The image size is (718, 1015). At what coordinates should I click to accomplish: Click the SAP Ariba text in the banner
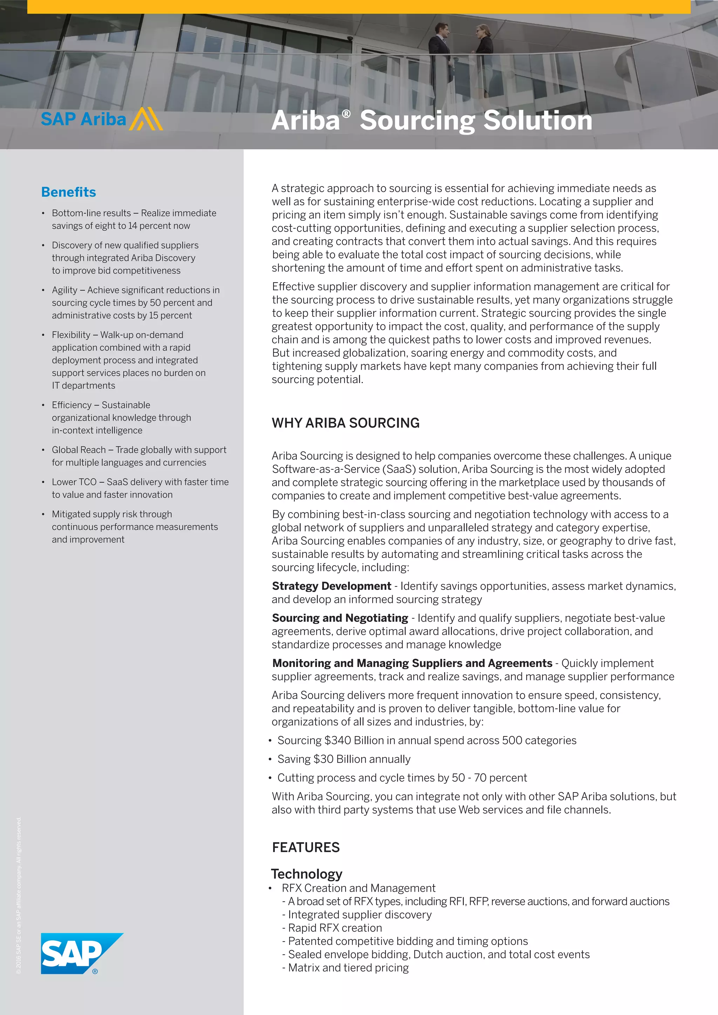(x=83, y=120)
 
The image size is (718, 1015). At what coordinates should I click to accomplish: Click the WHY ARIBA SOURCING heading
(x=345, y=423)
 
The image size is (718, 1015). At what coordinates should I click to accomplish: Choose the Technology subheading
(x=306, y=874)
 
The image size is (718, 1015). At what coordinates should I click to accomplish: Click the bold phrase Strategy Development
(x=332, y=586)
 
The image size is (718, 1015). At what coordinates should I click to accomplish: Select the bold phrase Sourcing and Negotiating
(x=340, y=618)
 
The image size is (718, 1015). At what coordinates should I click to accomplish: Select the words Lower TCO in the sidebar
(x=74, y=482)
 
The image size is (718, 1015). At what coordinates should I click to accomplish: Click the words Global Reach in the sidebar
(x=79, y=450)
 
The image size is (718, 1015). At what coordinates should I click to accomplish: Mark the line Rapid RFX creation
(x=335, y=928)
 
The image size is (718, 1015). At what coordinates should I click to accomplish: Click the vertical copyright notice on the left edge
(x=19, y=897)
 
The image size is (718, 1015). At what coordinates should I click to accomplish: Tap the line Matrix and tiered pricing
(x=348, y=968)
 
